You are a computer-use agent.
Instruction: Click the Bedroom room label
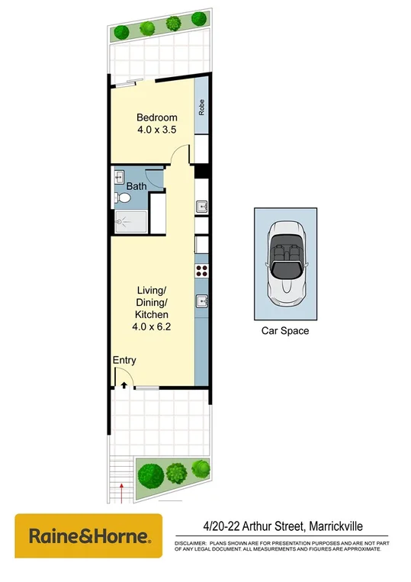click(157, 117)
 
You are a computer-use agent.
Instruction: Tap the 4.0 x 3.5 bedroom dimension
click(157, 130)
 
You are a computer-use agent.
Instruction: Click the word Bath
click(136, 186)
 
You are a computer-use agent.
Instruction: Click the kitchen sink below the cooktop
click(202, 300)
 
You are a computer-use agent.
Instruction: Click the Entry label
click(124, 360)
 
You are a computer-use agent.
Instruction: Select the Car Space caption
click(284, 331)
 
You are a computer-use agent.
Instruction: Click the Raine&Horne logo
click(89, 535)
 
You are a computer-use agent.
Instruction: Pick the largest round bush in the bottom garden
click(149, 475)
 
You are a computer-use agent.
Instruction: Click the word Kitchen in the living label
click(152, 314)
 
